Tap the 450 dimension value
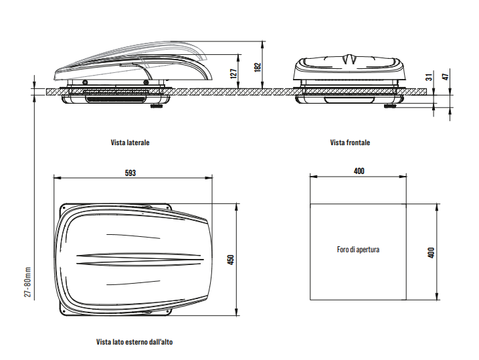pos(230,260)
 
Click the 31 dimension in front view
pos(428,77)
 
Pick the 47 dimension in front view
pos(445,76)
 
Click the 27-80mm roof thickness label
pos(28,284)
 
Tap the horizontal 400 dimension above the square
pos(359,171)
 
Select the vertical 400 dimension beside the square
pos(431,252)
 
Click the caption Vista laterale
pos(130,143)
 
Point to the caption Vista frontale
pos(350,143)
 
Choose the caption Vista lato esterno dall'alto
pos(135,341)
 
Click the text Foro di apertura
pos(359,250)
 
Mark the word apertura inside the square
pos(368,250)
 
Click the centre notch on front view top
pos(350,60)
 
